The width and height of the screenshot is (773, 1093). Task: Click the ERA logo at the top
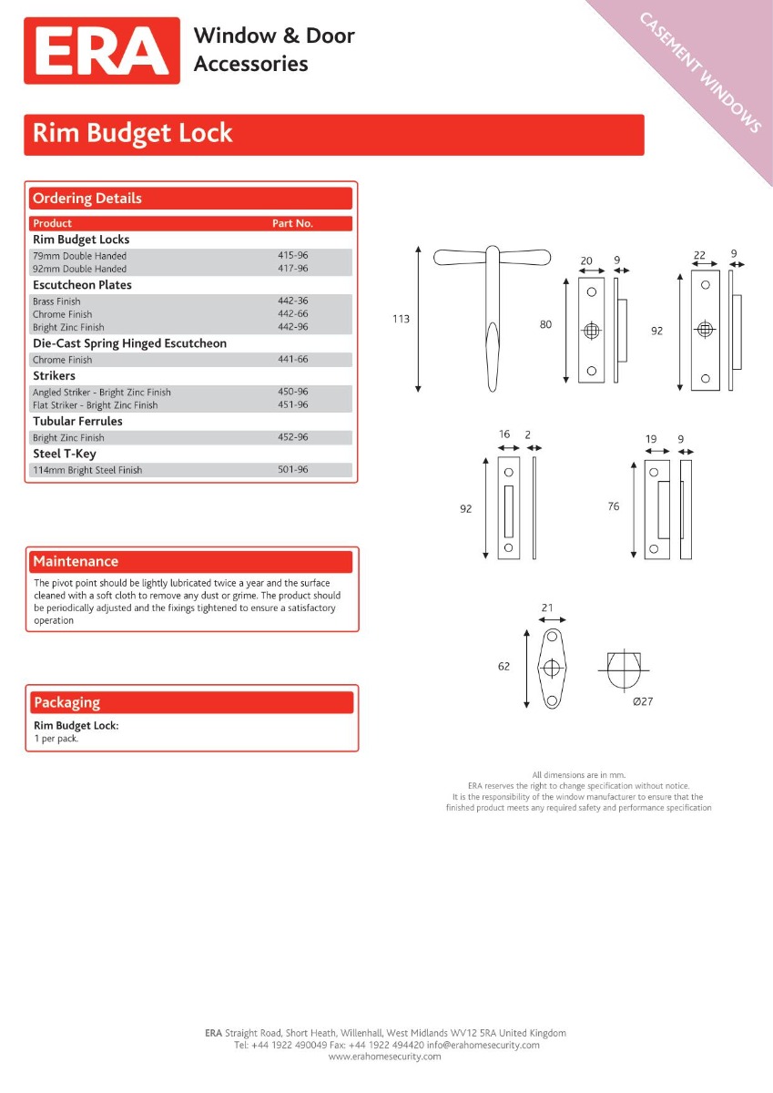pos(102,51)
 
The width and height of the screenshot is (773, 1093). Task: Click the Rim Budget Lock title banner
pos(333,134)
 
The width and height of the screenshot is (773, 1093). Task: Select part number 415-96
pos(292,256)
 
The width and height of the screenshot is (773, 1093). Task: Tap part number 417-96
pos(292,269)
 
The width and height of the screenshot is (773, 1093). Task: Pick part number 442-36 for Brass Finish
pos(292,301)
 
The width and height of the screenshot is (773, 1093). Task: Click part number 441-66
pos(292,360)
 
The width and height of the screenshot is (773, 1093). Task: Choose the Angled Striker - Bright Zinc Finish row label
pos(102,393)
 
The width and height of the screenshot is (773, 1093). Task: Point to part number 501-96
pos(292,470)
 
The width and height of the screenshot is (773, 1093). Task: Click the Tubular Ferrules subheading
pos(77,422)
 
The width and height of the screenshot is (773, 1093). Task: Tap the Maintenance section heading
pos(76,561)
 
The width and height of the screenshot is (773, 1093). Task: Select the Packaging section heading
pos(66,702)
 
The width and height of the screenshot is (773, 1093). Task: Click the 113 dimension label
pos(401,319)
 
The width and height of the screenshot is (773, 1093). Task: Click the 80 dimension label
pos(545,324)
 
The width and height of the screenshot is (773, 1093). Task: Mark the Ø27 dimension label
pos(643,700)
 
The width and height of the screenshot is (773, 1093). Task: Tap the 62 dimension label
pos(503,667)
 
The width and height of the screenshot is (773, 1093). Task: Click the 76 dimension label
pos(613,506)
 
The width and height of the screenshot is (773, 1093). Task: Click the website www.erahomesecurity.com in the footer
pos(384,1057)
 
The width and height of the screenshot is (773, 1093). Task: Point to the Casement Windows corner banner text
pos(701,72)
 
